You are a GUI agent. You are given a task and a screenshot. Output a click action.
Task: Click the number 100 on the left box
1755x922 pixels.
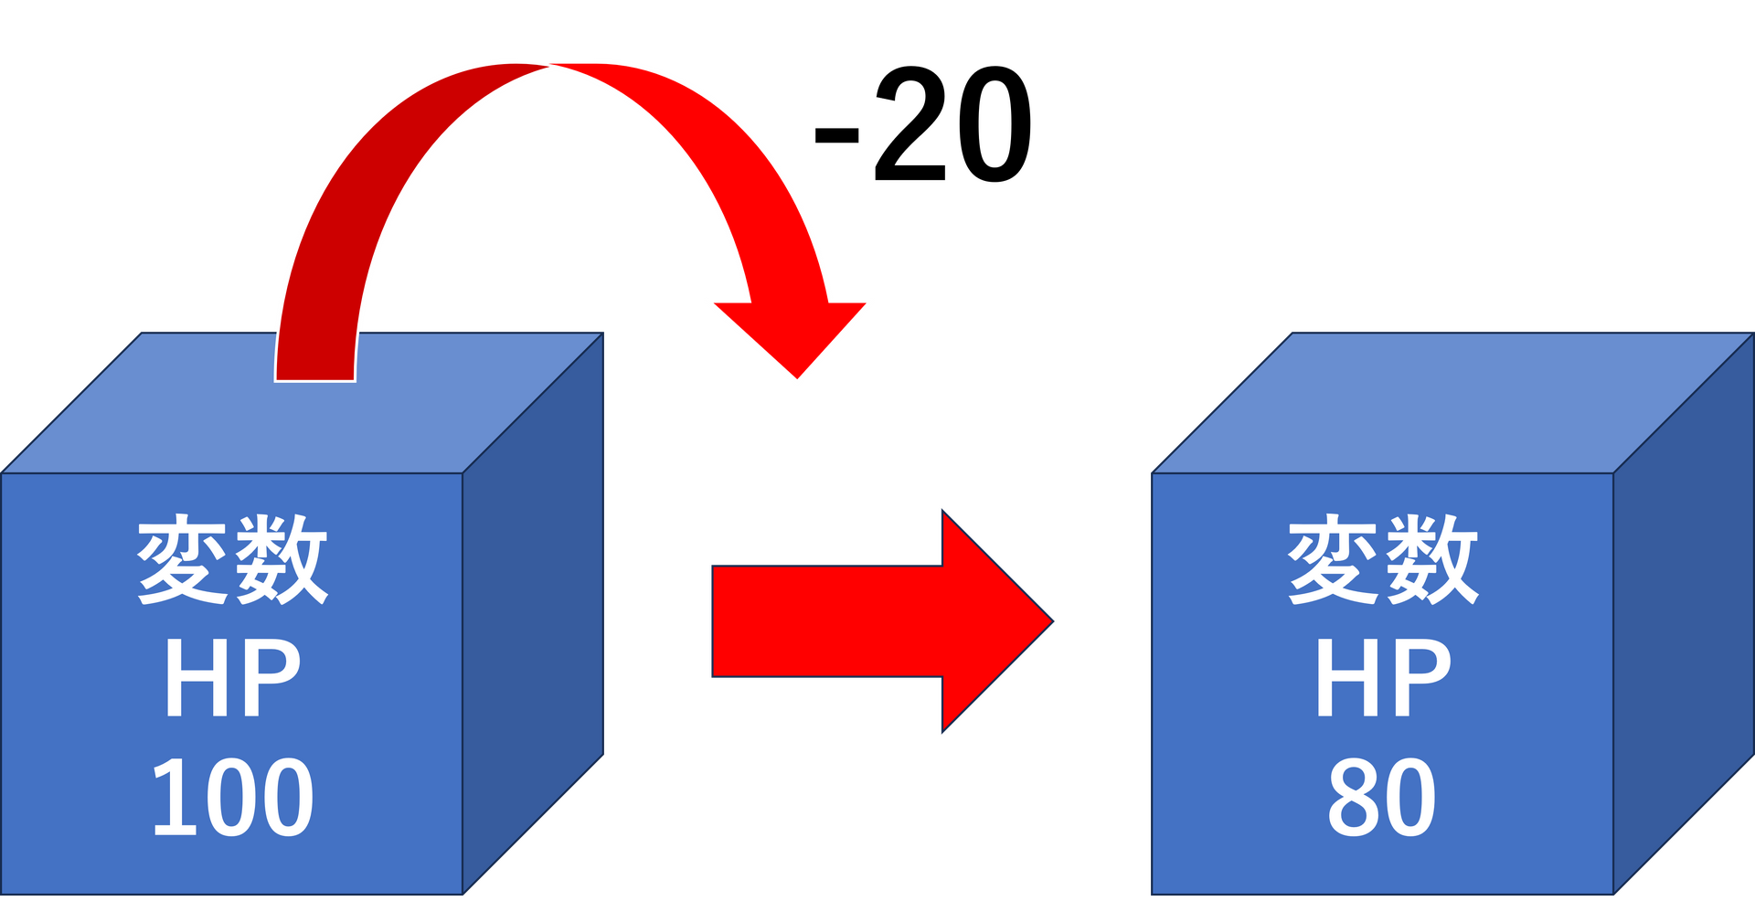point(232,798)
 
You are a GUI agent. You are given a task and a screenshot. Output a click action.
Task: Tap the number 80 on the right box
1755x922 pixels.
point(1381,798)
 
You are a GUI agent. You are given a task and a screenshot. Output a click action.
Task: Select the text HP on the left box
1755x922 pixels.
point(232,678)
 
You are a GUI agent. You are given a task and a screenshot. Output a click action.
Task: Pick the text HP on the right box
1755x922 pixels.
point(1382,678)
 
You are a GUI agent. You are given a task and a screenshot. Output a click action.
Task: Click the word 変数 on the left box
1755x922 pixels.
point(232,559)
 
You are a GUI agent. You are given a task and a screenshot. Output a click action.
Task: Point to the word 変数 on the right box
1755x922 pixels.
point(1382,559)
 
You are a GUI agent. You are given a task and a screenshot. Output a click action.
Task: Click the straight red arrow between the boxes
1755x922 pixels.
point(868,621)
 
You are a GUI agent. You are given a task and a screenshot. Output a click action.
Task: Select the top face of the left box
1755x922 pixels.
point(457,402)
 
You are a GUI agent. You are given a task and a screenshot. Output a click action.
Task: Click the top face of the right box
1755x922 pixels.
point(1453,402)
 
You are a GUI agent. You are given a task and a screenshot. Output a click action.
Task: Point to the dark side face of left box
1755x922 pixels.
point(534,612)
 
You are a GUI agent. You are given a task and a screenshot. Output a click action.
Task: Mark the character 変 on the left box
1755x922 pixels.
point(182,559)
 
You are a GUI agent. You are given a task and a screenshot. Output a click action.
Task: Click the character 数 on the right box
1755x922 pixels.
point(1431,559)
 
